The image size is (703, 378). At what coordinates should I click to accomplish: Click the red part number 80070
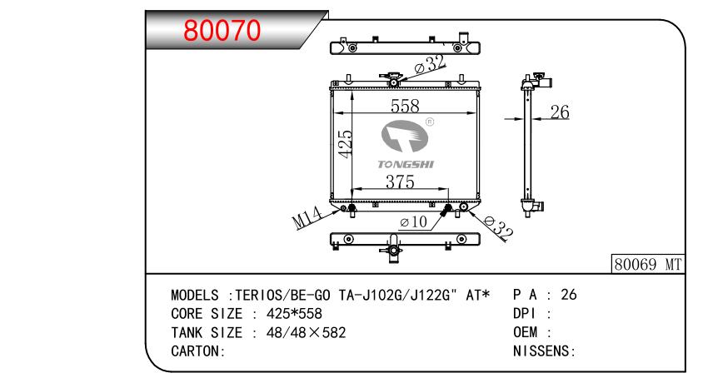222,31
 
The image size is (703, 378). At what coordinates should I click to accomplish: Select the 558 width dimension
405,107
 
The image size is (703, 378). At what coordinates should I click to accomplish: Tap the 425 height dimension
345,143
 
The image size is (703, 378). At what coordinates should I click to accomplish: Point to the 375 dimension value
400,182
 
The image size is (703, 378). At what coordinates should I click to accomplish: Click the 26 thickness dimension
560,112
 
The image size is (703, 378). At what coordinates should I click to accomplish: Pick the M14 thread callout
307,217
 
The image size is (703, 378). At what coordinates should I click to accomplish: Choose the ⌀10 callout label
413,221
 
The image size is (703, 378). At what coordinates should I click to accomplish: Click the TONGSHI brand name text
406,165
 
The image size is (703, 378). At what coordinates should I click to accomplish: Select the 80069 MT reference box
648,264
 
